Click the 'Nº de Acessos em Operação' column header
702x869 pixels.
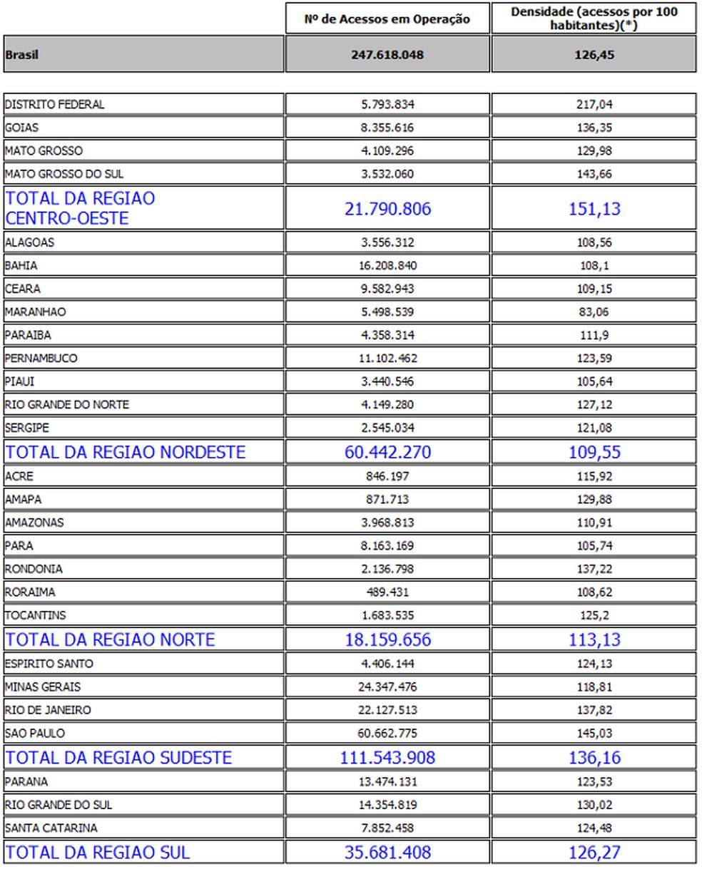point(387,19)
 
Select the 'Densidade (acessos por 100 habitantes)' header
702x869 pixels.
point(594,19)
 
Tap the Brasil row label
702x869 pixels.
point(22,55)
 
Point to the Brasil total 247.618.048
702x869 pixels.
point(387,55)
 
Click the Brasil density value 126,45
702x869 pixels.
point(594,55)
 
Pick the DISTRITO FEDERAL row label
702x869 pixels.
point(55,105)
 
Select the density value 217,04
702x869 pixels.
point(594,105)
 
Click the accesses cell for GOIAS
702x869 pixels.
point(387,128)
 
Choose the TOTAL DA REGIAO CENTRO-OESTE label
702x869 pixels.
point(80,208)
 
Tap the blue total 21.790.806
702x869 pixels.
point(387,209)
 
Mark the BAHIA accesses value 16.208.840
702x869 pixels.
point(387,266)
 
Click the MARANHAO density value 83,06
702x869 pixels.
point(594,312)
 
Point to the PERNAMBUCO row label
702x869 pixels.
point(41,359)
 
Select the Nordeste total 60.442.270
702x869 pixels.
point(387,453)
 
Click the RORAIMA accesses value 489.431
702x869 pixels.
point(387,592)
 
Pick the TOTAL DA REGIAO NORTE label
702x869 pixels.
point(110,639)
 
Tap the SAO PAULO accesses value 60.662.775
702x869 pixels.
point(387,734)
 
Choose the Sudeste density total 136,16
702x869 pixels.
point(594,757)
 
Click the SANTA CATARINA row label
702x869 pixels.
point(51,828)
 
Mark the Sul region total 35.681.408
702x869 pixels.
point(387,853)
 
